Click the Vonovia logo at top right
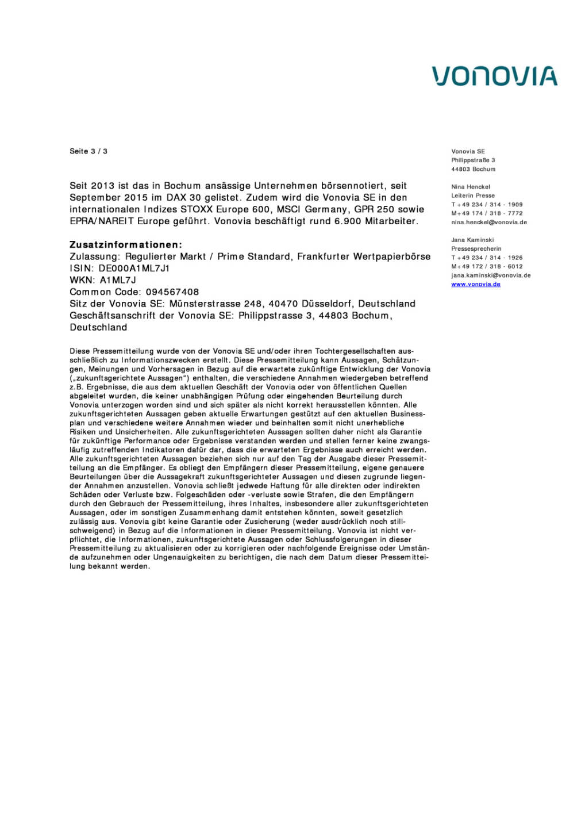coord(494,76)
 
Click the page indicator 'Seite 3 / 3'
coord(88,151)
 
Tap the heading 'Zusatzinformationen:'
coord(126,245)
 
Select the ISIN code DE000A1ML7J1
coord(134,269)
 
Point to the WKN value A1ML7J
coord(118,281)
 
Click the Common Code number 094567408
coord(172,292)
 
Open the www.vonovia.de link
coord(475,284)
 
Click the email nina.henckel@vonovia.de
coord(488,222)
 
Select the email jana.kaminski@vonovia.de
coord(490,275)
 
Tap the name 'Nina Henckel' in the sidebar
coord(470,187)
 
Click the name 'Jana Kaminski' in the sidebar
coord(472,240)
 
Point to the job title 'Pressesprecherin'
coord(476,249)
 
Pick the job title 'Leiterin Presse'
coord(472,195)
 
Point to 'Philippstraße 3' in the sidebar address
coord(472,160)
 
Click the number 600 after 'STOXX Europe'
coord(261,209)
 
